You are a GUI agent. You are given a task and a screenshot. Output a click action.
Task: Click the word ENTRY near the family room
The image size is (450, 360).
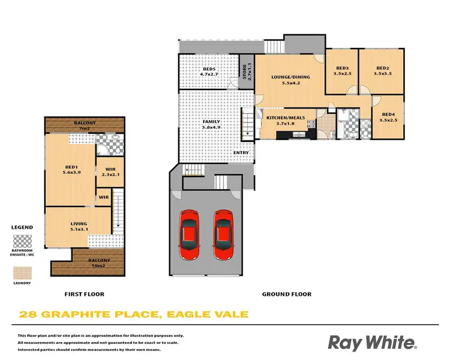point(241,152)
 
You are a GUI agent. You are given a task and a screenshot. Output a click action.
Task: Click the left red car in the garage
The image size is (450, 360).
point(190,233)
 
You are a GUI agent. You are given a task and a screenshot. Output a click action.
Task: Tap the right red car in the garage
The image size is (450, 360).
point(223,233)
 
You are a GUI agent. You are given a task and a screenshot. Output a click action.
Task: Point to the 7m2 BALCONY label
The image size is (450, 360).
point(85,125)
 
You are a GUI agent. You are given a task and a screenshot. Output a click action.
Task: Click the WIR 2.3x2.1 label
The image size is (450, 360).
point(110,172)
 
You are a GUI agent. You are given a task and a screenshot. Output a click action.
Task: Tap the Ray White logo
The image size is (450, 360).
point(371,343)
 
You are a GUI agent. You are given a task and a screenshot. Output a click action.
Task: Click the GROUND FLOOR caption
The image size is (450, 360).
point(287,295)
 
